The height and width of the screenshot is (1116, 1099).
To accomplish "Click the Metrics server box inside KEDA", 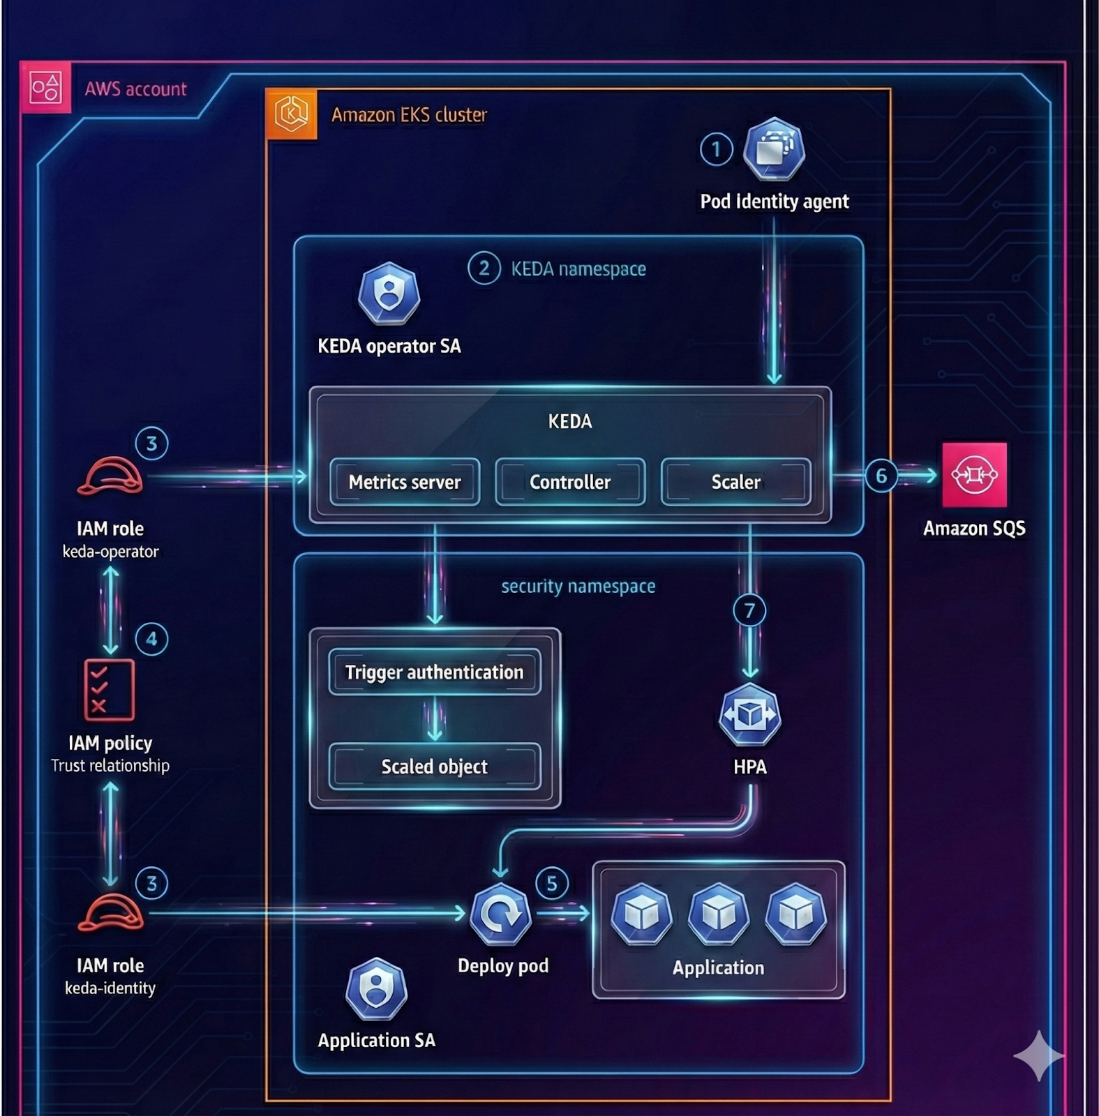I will [405, 482].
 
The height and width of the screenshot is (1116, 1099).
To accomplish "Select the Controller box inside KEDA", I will [570, 482].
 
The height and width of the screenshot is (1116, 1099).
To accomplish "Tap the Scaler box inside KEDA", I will [735, 482].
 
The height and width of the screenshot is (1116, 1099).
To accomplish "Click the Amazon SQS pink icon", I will [974, 475].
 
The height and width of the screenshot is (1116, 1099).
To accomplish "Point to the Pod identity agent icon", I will [774, 150].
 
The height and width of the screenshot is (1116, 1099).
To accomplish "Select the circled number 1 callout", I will [716, 149].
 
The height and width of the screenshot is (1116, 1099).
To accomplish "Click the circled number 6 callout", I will [881, 476].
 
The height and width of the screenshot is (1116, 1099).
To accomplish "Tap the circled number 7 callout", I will [749, 611].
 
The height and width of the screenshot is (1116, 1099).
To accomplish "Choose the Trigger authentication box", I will [434, 672].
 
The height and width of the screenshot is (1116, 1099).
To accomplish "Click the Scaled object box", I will [434, 767].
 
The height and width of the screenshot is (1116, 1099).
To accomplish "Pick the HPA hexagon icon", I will [749, 715].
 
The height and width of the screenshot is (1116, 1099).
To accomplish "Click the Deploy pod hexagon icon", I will [500, 914].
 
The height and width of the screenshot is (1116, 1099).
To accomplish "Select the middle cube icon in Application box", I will [718, 913].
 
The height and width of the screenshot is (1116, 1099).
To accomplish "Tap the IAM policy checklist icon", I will [110, 690].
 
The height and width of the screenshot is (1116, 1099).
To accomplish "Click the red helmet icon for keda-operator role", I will [110, 476].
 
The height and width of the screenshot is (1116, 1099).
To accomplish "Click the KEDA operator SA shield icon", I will [389, 294].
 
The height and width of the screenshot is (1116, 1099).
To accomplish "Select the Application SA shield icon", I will [376, 989].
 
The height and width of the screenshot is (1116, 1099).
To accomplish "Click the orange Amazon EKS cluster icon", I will [292, 114].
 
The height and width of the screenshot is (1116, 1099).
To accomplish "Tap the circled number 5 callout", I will [552, 884].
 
